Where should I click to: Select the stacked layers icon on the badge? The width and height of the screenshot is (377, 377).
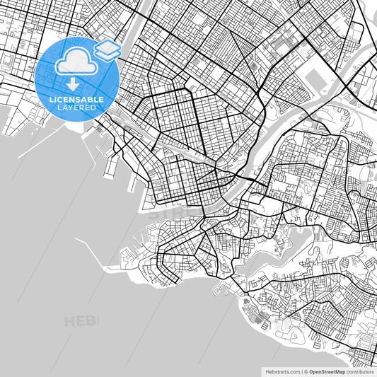click(107, 50)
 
